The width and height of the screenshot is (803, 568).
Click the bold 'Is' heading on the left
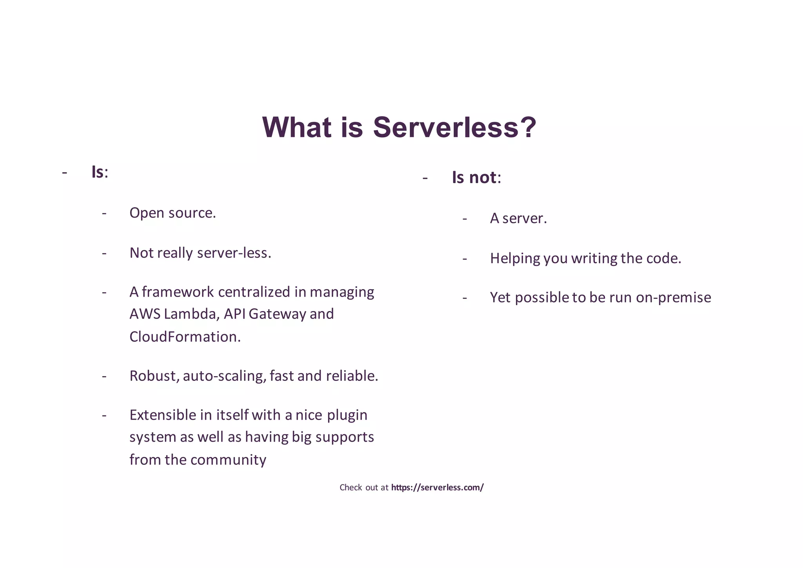click(x=98, y=172)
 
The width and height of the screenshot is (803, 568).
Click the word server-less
click(x=234, y=253)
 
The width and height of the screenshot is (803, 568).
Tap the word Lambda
click(x=192, y=314)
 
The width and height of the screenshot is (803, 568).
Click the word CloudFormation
click(x=185, y=337)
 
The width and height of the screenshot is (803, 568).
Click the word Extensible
click(x=163, y=415)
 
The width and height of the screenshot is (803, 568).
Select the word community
click(x=228, y=460)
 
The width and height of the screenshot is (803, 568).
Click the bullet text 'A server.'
click(x=518, y=218)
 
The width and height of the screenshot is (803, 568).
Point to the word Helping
click(x=515, y=259)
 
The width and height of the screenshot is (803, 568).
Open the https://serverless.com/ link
click(x=437, y=488)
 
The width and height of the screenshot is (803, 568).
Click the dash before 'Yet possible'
click(x=465, y=298)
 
